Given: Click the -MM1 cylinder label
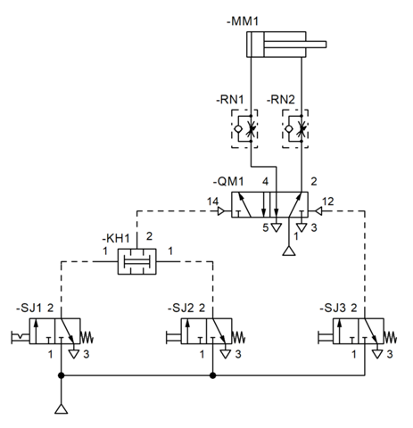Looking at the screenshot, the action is point(243,21).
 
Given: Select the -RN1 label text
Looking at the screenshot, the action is point(229,100).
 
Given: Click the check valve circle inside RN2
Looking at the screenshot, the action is point(288,129).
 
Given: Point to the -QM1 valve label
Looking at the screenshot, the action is point(228,181).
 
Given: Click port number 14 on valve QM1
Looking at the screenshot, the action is point(212,202).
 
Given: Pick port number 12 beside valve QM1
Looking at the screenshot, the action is point(327,202).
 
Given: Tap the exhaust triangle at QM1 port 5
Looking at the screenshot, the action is point(277,227).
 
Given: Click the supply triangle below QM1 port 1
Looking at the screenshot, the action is point(289,251).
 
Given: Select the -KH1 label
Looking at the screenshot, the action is point(116,238).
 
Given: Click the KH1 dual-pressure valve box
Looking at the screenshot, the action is point(137,261).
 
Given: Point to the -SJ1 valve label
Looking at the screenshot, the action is point(29,309).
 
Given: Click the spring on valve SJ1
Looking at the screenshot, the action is point(87,338).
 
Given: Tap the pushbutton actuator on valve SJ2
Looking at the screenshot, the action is point(174,337).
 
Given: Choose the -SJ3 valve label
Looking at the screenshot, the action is point(333,309).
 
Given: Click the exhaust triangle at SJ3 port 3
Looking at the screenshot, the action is point(377,354).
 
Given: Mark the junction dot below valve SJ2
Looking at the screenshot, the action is point(212,375).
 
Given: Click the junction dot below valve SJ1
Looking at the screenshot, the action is point(61,375).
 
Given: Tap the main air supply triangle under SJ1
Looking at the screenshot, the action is point(62,409).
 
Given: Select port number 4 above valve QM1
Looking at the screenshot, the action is point(265,181).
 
